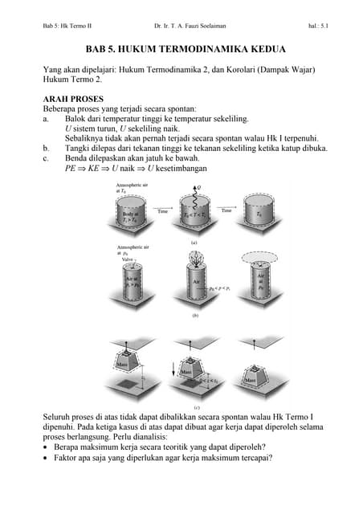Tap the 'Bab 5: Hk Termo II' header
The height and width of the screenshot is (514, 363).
coord(67,27)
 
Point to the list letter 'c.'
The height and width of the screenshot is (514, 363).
coord(47,158)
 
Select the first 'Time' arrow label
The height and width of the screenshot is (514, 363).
coord(162,210)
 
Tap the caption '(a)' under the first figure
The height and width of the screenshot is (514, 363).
coord(194,242)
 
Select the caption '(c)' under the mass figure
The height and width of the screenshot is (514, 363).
coord(194,406)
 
